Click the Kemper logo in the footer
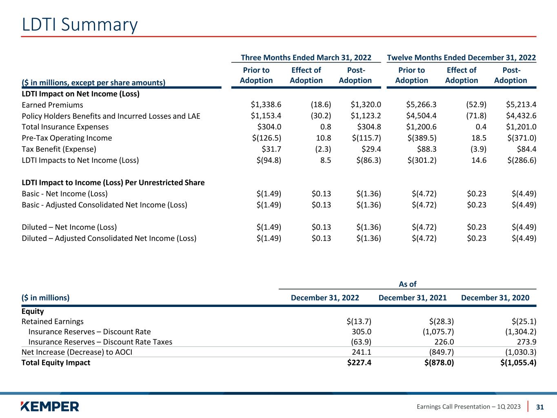(50, 406)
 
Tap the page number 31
(540, 407)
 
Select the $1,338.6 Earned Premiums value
(266, 105)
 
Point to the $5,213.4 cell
(521, 105)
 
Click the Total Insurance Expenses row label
(65, 127)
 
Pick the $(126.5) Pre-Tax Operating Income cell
(267, 138)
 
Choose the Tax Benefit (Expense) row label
(59, 149)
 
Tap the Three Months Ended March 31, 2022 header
(306, 58)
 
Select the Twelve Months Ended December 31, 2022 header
(461, 58)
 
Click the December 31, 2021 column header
(413, 298)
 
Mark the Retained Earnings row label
(52, 321)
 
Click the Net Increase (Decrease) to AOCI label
(77, 352)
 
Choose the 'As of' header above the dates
(408, 284)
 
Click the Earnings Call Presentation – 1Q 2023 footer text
(468, 407)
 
